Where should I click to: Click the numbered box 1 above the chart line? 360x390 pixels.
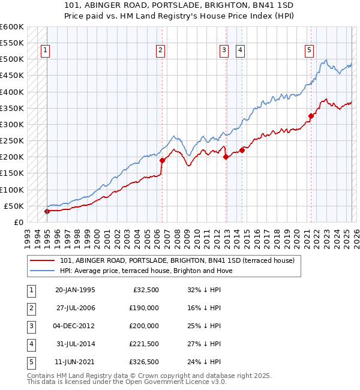pyautogui.click(x=46, y=51)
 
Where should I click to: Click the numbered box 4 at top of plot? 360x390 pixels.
pyautogui.click(x=239, y=51)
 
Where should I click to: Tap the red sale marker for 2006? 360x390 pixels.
pyautogui.click(x=162, y=160)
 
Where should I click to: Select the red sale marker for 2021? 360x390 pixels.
pyautogui.click(x=311, y=116)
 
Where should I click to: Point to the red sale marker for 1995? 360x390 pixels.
pyautogui.click(x=47, y=211)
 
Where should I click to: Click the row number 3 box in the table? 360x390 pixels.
pyautogui.click(x=31, y=326)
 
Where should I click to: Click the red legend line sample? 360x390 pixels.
pyautogui.click(x=42, y=261)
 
